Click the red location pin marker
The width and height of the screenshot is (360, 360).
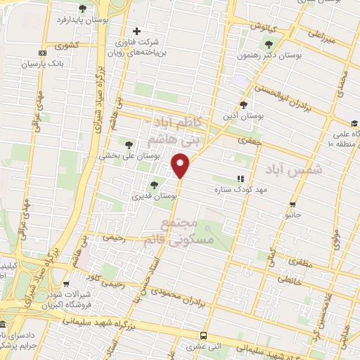[x=181, y=166]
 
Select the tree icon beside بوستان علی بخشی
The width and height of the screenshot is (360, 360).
[x=128, y=144]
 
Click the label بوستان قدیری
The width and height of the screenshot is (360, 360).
[x=154, y=197]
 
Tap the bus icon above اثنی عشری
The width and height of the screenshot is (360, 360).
[x=204, y=335]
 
